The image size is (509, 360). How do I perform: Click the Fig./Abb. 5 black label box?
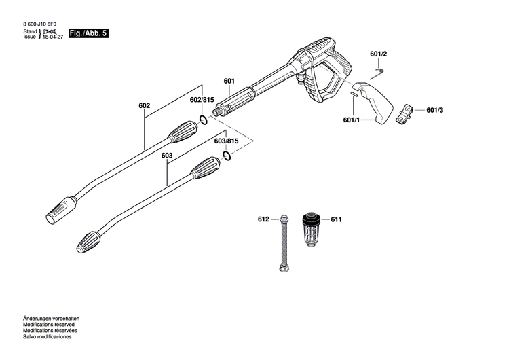88,33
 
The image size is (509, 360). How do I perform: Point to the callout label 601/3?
434,109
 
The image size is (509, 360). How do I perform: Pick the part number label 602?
144,105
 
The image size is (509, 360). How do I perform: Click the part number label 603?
167,156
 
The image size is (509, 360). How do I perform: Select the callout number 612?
264,219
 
